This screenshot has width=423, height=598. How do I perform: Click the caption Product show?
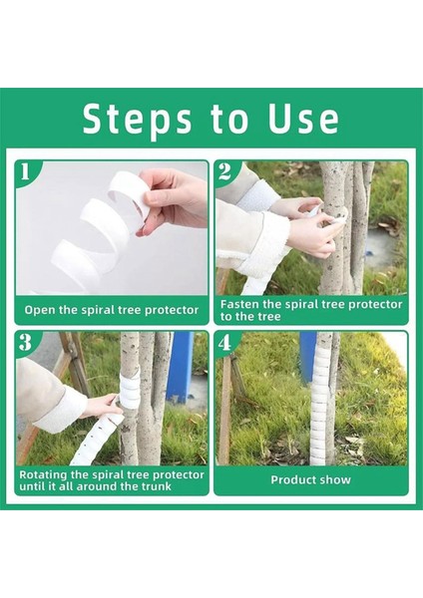point(310,479)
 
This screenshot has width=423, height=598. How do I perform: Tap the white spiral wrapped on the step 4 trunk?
point(321,399)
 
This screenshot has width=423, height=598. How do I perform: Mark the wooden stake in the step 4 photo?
point(226,409)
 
